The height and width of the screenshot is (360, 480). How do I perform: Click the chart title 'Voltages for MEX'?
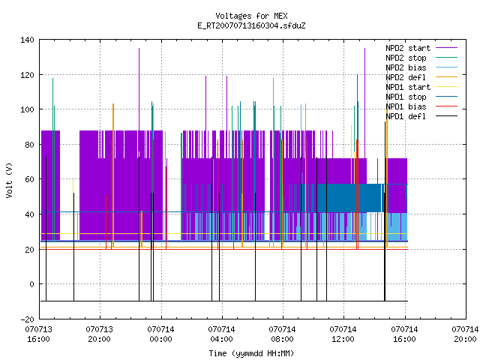[251, 16]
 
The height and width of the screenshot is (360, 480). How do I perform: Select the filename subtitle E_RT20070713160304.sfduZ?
[251, 25]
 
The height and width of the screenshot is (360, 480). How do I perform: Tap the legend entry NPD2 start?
[408, 48]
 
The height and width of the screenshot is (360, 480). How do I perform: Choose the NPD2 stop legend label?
[406, 58]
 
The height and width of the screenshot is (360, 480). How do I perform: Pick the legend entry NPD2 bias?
[406, 67]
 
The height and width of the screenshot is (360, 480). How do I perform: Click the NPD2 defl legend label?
[406, 77]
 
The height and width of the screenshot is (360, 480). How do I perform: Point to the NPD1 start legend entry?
[408, 87]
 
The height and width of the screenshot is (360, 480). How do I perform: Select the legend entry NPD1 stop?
[406, 97]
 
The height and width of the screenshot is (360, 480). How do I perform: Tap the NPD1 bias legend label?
[406, 106]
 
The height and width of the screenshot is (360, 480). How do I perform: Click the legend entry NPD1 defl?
[406, 117]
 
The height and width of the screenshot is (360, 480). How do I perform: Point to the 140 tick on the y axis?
[27, 40]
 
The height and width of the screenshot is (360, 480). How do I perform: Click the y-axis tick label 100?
[27, 109]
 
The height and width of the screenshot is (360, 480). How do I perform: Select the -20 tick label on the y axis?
[27, 319]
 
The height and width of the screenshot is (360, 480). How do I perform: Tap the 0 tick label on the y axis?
[31, 284]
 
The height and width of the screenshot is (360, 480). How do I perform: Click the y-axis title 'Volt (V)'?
[9, 180]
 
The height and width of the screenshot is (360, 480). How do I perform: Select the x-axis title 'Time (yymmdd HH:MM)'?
[251, 353]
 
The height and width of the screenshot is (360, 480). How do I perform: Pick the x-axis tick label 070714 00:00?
[160, 334]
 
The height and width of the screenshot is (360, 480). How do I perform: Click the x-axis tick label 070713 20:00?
[100, 334]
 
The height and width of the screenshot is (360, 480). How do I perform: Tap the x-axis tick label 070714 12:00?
[343, 334]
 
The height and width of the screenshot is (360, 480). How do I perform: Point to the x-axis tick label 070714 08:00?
[282, 334]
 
